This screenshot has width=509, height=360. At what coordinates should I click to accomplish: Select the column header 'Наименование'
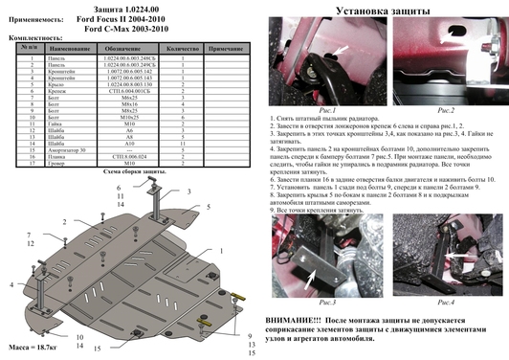(66, 47)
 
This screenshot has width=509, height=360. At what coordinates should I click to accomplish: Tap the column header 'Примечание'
(226, 47)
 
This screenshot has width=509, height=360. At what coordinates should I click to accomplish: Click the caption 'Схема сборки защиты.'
(134, 171)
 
